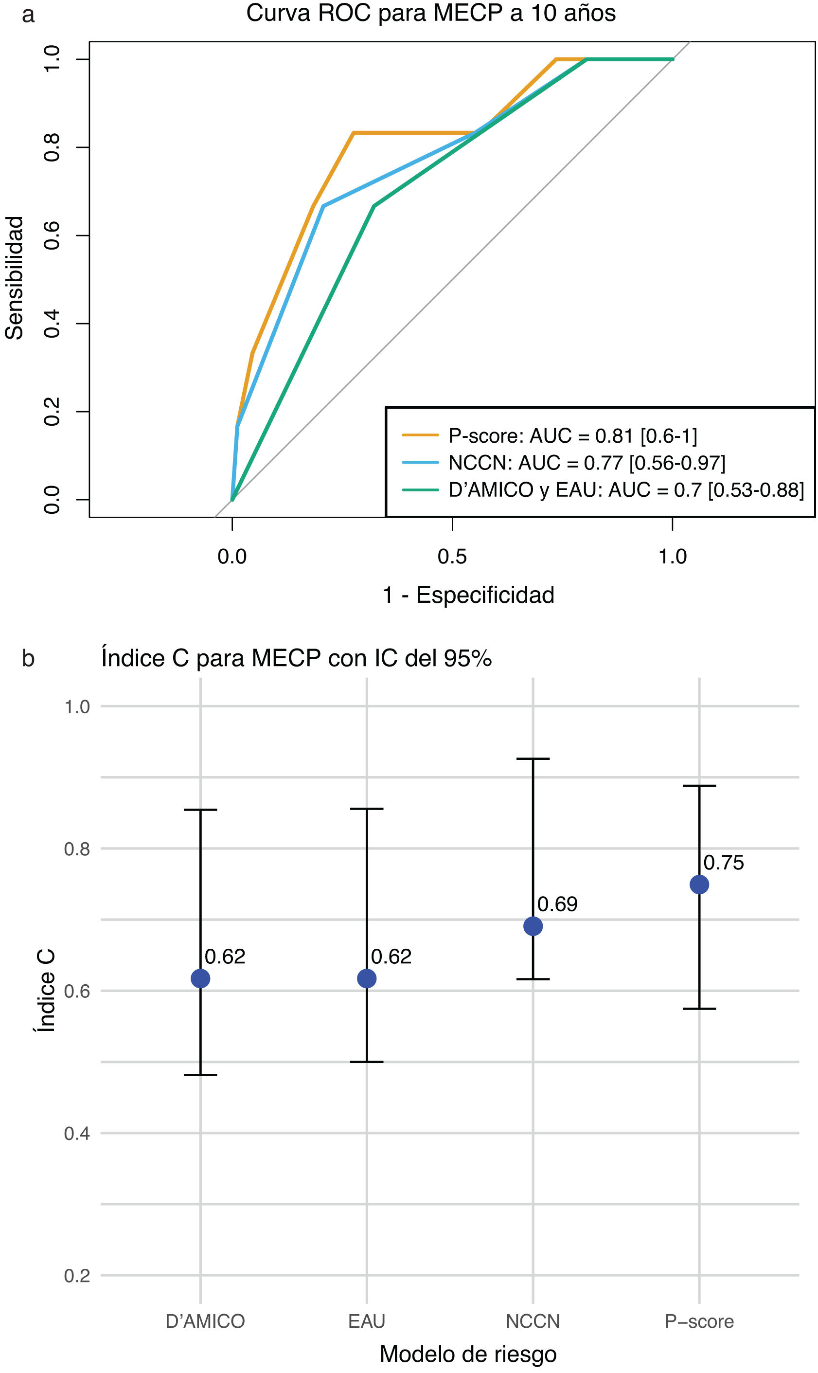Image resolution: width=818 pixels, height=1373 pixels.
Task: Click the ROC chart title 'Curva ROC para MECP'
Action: coord(430,13)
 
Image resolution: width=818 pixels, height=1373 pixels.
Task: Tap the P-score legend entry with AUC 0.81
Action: coord(572,435)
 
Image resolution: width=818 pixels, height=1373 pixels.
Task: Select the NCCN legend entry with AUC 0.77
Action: coord(587,463)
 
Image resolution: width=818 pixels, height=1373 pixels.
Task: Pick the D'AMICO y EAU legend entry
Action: coord(625,489)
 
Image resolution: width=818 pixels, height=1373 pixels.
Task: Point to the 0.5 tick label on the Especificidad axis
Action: coord(452,557)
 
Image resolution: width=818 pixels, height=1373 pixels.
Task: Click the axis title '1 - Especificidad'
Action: coord(468,595)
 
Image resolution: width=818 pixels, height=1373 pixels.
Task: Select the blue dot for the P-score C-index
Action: coord(699,885)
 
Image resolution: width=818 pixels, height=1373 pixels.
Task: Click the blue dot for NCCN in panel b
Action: coord(533,926)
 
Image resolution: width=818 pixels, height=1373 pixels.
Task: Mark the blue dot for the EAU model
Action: coord(367,978)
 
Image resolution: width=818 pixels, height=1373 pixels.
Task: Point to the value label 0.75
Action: coord(723,863)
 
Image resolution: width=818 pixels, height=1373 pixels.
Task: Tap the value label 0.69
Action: coord(557,904)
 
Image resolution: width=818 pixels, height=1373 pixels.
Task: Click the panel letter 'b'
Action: coord(28,658)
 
